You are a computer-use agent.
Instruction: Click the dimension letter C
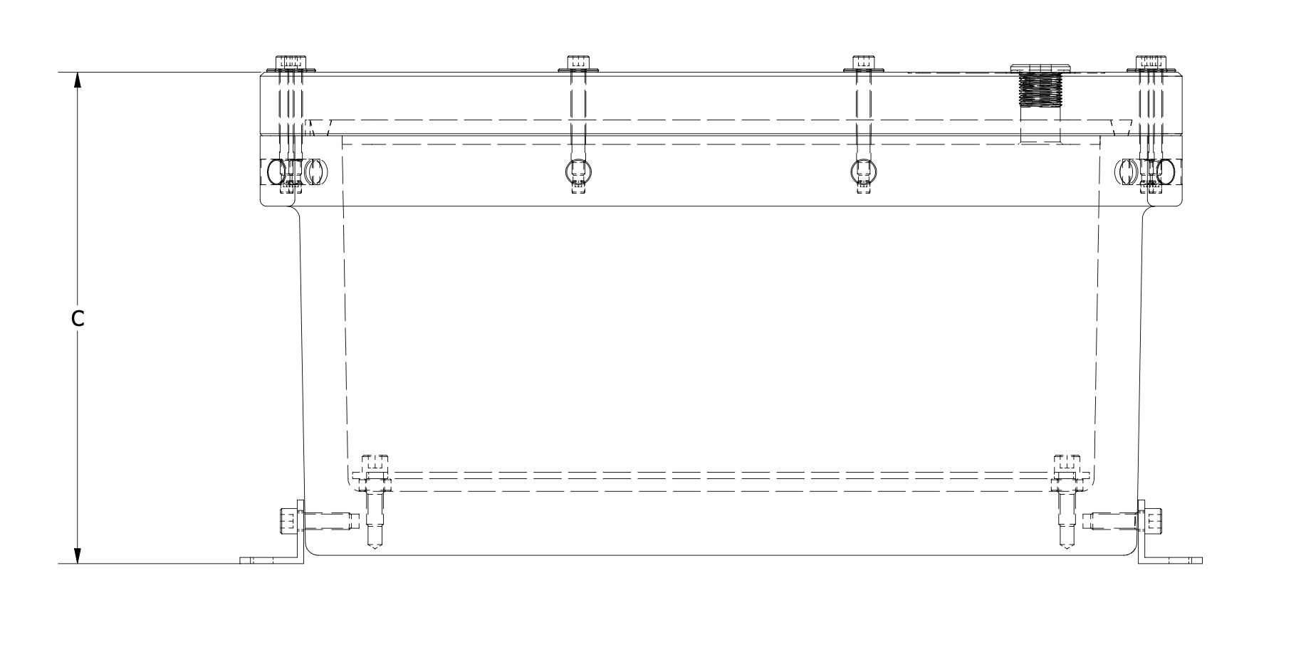(78, 320)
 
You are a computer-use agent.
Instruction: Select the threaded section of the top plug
(1040, 90)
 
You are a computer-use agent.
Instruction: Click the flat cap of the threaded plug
(1040, 68)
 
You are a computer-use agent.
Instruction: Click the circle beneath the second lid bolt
(578, 171)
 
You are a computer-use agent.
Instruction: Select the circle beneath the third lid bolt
(864, 171)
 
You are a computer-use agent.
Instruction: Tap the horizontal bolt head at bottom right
(1152, 521)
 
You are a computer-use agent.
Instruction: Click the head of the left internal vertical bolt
(375, 461)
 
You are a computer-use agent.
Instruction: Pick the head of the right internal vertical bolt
(1066, 461)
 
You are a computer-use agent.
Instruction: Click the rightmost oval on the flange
(1166, 171)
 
